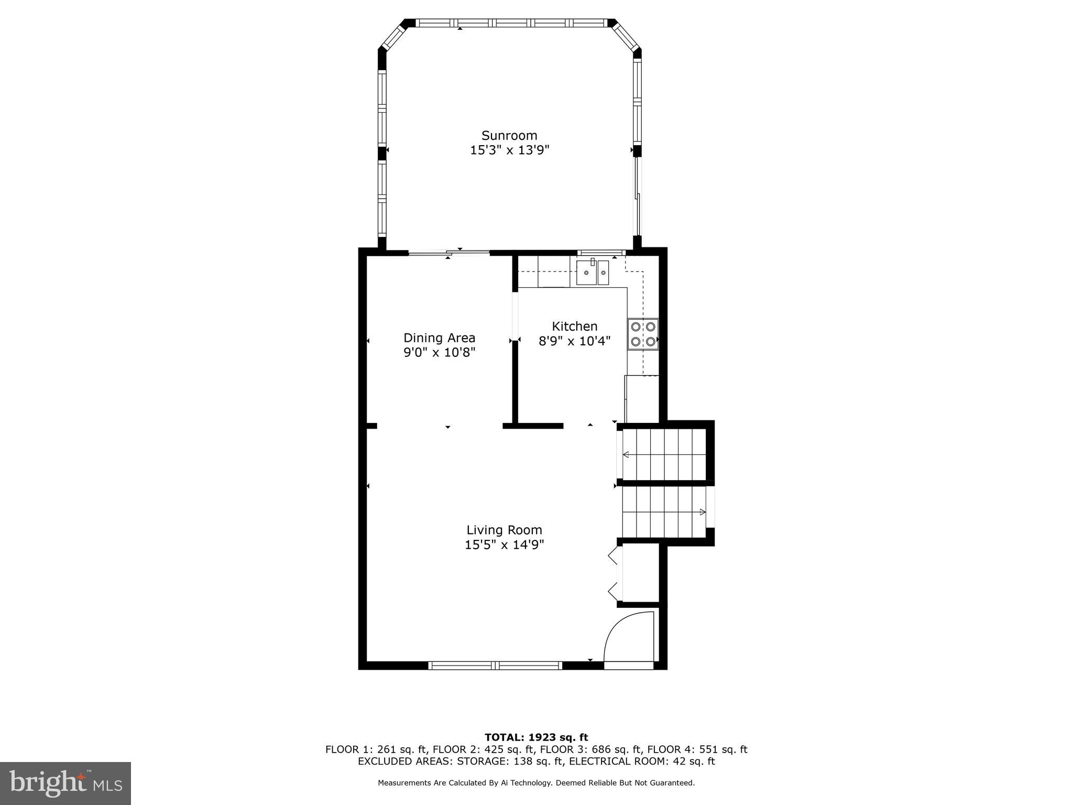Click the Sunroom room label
(509, 136)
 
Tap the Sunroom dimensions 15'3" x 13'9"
(509, 150)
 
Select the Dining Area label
(439, 338)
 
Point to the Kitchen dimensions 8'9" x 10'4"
(574, 341)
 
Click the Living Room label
(504, 530)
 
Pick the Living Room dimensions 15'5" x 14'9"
(504, 545)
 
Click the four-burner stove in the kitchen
(643, 334)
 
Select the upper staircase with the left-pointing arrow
(664, 454)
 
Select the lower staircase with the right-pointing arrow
(664, 512)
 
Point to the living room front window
(495, 666)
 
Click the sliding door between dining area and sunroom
(449, 253)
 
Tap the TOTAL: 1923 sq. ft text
(536, 737)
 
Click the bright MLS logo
(65, 783)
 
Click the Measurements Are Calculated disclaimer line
(536, 783)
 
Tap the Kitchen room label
(574, 326)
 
